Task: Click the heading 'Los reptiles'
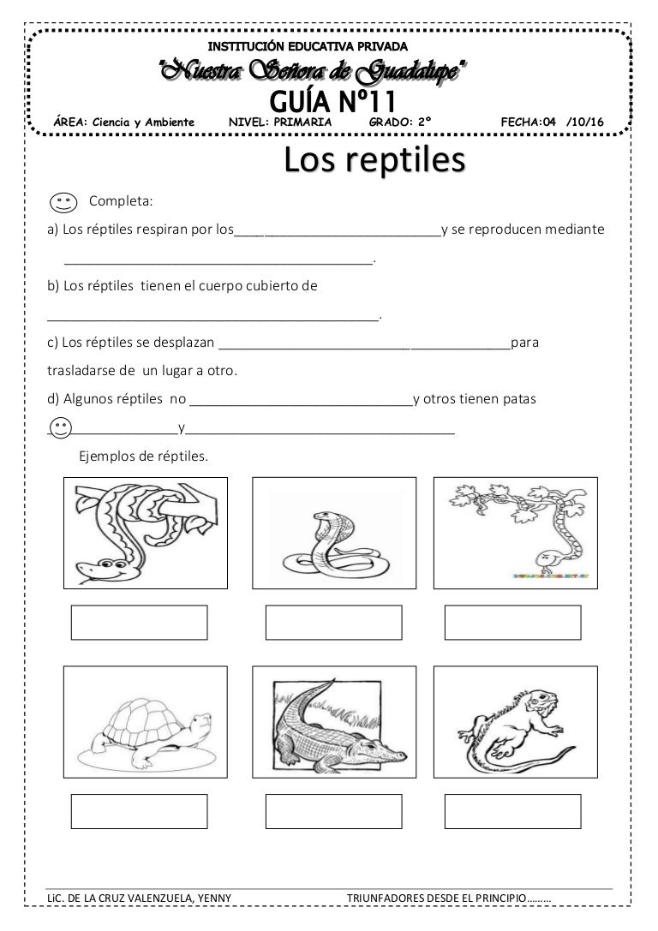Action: point(374,160)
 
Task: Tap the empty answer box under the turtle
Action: point(139,811)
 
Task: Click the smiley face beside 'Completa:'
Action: point(63,203)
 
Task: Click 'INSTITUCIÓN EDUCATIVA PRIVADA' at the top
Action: point(309,45)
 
